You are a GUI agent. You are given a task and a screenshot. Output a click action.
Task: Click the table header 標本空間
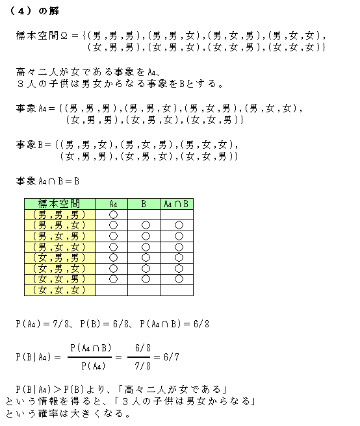pos(60,203)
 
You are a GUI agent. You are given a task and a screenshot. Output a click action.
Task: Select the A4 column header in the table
pos(113,203)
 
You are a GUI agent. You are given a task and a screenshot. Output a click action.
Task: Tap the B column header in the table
pos(146,203)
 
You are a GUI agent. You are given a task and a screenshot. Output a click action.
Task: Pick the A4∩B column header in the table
pos(178,203)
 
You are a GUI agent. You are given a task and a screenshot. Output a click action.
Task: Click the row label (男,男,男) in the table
pos(60,214)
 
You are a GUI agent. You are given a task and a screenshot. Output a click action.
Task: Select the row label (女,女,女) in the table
pos(60,290)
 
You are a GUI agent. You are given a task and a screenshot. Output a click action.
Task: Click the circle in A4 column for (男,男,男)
pos(113,214)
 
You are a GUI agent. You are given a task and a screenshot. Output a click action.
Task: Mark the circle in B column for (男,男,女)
pos(146,225)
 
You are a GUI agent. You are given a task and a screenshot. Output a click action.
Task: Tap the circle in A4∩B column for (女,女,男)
pos(178,279)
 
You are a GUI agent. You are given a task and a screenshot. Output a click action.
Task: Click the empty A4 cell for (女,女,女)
pos(113,290)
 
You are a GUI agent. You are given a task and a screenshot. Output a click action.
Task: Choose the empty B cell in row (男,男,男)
pos(146,214)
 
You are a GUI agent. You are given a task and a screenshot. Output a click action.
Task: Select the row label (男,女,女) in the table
pos(60,247)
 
